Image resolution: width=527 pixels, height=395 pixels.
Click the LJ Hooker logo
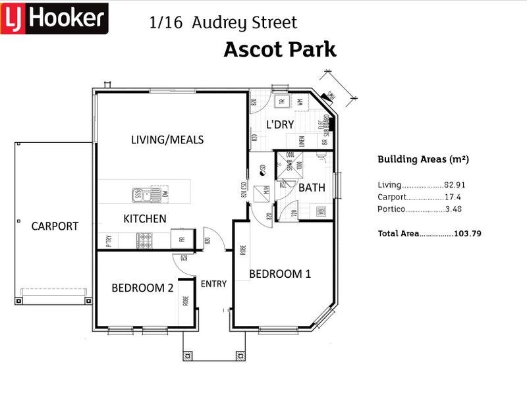point(54,18)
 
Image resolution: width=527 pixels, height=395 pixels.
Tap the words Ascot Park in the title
point(280,49)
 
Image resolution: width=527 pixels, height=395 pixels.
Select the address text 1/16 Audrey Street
point(223,22)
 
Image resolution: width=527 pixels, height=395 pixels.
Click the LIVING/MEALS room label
point(167,140)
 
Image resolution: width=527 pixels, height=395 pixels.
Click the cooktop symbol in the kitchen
point(145,240)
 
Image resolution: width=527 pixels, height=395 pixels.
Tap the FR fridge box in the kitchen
point(181,238)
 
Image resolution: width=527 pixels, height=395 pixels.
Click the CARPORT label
point(55,226)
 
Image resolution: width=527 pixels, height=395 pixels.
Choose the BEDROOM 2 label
point(142,288)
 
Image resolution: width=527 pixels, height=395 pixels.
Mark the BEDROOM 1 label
point(279,274)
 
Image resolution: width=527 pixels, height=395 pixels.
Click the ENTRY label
point(213,284)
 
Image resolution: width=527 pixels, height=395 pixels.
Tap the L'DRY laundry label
point(279,124)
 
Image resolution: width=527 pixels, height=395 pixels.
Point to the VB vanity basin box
point(321,211)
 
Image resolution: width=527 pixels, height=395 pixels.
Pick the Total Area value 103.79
point(468,233)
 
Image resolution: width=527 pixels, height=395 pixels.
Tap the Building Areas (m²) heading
point(423,159)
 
